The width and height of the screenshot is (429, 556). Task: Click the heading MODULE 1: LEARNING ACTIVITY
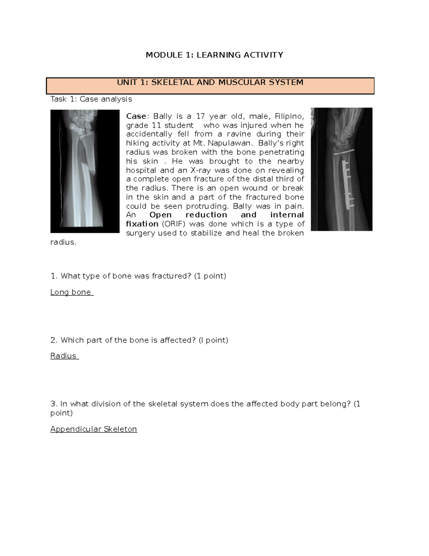[214, 55]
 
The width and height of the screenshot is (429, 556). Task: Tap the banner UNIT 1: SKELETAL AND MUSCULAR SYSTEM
[210, 83]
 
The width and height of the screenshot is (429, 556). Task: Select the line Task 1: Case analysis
[91, 99]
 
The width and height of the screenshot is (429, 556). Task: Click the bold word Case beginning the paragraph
[136, 116]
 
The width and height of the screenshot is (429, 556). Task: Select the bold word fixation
[142, 224]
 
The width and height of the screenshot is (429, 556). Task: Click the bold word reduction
[206, 215]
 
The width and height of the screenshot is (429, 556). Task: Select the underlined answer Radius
[63, 356]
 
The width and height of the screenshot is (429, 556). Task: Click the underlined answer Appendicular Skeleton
[94, 429]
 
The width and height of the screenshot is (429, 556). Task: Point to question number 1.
[54, 276]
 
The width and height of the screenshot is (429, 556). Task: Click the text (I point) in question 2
[213, 340]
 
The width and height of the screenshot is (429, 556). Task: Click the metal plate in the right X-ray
[346, 185]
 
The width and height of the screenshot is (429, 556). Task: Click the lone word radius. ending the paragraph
[63, 242]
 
